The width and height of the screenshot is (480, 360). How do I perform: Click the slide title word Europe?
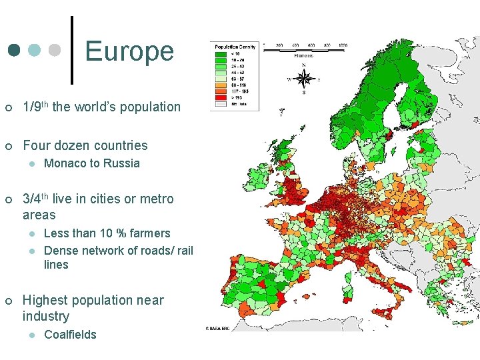point(129,51)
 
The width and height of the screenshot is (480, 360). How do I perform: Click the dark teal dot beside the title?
point(14,51)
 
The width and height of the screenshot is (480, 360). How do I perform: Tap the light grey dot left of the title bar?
point(55,51)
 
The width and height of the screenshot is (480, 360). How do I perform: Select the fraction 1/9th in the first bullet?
point(36,107)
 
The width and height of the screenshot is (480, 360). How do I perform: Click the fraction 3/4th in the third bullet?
point(36,199)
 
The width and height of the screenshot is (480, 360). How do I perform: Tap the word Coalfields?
point(70,335)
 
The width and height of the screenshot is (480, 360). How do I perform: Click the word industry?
point(46,316)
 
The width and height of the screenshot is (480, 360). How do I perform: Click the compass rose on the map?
point(303,79)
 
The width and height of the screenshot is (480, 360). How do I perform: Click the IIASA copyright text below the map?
point(218,328)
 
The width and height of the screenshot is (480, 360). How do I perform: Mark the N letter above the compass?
point(303,65)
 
